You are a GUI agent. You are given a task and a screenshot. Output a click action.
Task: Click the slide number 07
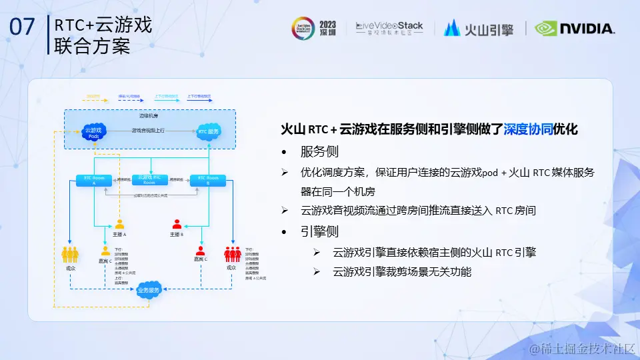coord(23,27)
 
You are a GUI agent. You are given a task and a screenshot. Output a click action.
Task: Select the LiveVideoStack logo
coord(389,28)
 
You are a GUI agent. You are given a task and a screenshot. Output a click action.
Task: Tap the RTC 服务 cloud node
coord(208,131)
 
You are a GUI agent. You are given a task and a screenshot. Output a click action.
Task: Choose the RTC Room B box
coord(208,180)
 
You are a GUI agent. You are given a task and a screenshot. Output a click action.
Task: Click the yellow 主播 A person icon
coord(119,225)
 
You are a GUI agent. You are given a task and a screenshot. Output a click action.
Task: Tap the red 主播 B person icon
coord(177,225)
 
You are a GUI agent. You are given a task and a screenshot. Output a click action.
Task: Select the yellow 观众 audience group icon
coord(71,254)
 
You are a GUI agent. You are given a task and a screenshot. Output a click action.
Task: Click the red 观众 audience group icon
coord(232,254)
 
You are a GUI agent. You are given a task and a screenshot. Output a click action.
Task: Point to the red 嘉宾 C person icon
coord(200,251)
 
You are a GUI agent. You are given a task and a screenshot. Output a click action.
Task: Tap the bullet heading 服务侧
coord(319,150)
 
